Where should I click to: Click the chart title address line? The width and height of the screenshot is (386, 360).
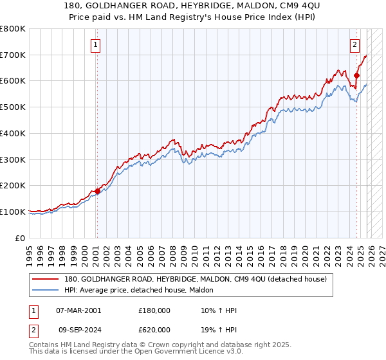click(x=193, y=6)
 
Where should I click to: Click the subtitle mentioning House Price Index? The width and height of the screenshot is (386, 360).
click(x=193, y=17)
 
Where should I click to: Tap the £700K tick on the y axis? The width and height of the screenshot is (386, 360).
click(x=13, y=55)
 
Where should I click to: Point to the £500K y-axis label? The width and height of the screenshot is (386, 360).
click(x=13, y=107)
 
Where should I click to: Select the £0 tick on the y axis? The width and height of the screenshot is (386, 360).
click(x=19, y=237)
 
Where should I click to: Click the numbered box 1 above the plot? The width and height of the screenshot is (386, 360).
click(x=96, y=44)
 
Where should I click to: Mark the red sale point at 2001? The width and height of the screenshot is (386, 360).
click(x=97, y=191)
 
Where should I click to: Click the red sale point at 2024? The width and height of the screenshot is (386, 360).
click(x=356, y=76)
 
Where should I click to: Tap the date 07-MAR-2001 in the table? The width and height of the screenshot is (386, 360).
click(x=78, y=310)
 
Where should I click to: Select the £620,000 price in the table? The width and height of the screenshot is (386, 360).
click(x=154, y=330)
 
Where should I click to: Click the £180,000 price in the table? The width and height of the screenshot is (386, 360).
click(x=154, y=310)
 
